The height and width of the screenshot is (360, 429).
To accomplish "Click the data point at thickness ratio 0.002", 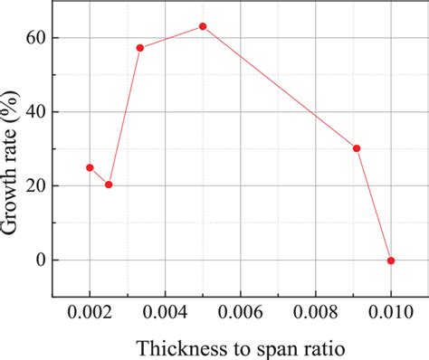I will [90, 167].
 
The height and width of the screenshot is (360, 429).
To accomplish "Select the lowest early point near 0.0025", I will [109, 185].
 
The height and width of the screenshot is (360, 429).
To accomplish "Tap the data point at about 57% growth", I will [140, 48].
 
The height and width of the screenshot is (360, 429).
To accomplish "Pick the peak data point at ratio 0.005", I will [203, 26].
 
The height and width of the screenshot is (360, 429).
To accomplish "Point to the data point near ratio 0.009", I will [357, 148].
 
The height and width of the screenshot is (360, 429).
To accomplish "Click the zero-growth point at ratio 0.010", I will [391, 261].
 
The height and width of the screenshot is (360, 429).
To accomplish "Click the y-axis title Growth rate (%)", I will [12, 161].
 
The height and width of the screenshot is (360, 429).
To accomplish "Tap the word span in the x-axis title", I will [273, 348].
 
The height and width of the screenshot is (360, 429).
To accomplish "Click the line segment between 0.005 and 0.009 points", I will [280, 87].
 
